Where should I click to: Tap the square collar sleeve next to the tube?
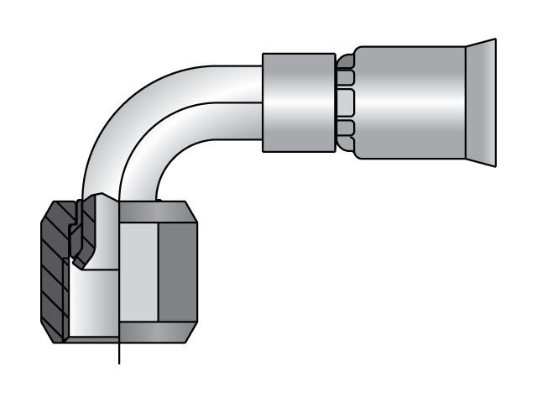click(x=300, y=102)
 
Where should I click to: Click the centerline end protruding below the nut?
click(x=120, y=356)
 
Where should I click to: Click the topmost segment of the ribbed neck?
click(x=346, y=60)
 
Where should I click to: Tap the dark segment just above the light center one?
click(x=346, y=77)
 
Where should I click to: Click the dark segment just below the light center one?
click(x=346, y=128)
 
